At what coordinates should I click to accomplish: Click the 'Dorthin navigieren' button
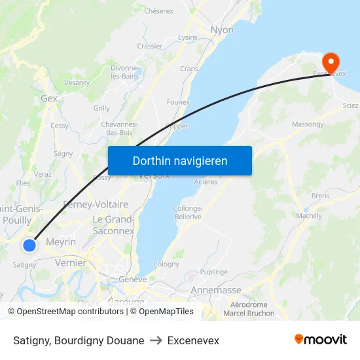click(x=180, y=160)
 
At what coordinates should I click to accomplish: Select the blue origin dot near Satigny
click(x=29, y=245)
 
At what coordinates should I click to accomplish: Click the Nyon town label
click(x=222, y=30)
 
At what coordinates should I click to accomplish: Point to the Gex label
click(x=49, y=98)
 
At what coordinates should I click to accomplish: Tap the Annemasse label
click(x=216, y=290)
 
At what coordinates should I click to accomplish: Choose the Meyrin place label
click(x=62, y=242)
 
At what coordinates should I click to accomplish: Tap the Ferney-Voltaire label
click(x=96, y=204)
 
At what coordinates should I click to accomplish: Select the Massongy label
click(x=308, y=124)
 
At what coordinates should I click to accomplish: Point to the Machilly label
click(x=309, y=216)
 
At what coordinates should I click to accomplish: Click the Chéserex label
click(x=158, y=11)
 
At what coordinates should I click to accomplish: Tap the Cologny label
click(x=166, y=264)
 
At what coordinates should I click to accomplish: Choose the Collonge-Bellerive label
click(x=187, y=212)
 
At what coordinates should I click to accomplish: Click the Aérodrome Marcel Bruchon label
click(x=249, y=309)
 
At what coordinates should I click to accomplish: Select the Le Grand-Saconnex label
click(x=113, y=225)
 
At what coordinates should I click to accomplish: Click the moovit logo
click(x=320, y=340)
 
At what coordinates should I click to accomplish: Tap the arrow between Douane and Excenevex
click(x=156, y=341)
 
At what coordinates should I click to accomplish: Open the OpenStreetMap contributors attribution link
click(x=69, y=312)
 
